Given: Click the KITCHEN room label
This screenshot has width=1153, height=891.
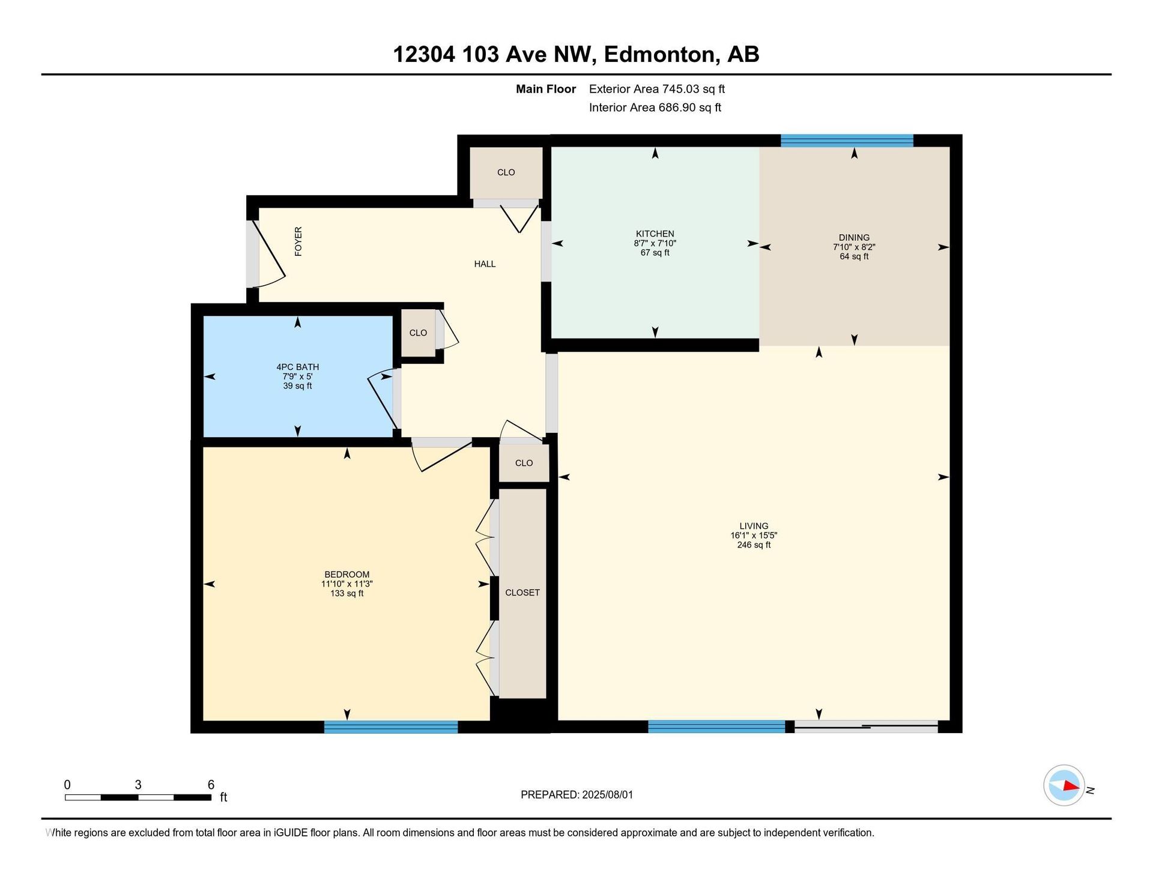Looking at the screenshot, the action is click(655, 234).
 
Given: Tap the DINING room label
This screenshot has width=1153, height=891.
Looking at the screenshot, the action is click(854, 237).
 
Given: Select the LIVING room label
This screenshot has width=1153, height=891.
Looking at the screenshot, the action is click(754, 526).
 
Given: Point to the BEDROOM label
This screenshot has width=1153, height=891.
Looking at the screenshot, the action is click(347, 575).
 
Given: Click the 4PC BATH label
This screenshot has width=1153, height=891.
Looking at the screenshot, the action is click(297, 367).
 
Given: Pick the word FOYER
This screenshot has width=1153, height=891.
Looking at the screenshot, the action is click(298, 241).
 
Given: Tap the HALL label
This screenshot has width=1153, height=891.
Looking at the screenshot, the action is click(485, 264).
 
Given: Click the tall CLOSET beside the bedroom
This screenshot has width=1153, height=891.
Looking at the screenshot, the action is click(522, 593).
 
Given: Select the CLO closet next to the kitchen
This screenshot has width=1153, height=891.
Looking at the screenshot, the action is click(506, 172).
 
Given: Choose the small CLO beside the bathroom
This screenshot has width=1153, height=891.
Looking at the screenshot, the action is click(418, 333).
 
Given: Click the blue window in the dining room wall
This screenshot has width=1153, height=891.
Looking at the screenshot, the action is click(847, 141).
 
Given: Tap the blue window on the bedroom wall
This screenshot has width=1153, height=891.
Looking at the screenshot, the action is click(391, 727).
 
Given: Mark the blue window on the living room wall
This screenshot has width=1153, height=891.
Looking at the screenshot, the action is click(716, 726).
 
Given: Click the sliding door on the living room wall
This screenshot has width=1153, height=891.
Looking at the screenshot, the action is click(866, 726).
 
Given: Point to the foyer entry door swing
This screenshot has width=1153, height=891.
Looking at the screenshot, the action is click(268, 253).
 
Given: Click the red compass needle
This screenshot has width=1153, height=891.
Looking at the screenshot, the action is click(1071, 785).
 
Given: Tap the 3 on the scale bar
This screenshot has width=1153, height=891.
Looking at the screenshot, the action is click(138, 785).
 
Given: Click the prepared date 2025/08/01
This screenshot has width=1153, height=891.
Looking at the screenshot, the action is click(607, 795).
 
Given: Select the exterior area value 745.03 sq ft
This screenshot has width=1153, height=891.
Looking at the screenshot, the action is click(694, 89).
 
